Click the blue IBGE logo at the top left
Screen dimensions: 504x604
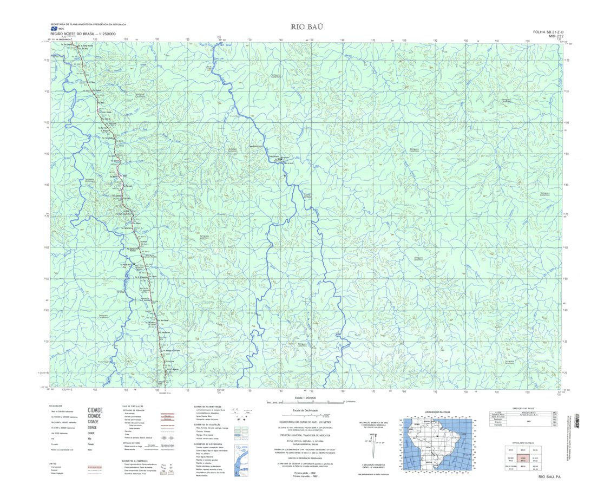tap(54, 29)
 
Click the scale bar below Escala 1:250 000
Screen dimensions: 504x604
tap(306, 402)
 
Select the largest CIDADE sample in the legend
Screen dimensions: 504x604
tap(95, 410)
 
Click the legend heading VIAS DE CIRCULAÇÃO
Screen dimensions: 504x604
tap(133, 407)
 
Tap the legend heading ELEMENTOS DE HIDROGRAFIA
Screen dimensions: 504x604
tap(208, 444)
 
